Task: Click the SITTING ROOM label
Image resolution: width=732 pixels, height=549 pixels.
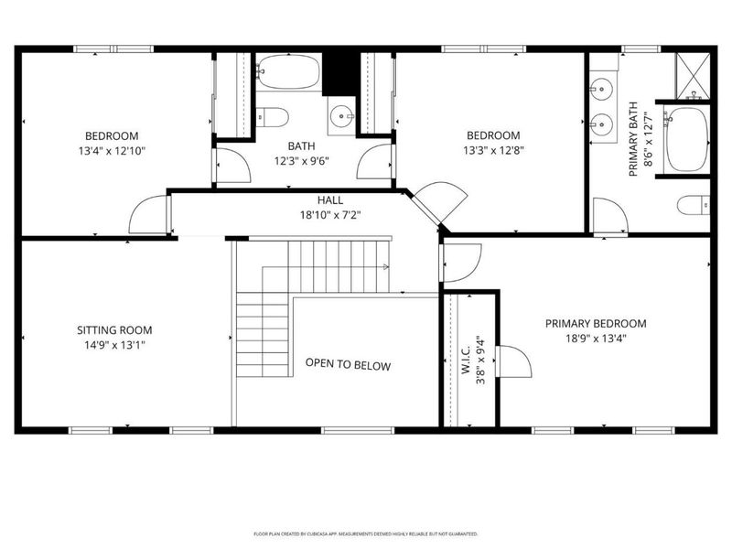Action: tap(114, 330)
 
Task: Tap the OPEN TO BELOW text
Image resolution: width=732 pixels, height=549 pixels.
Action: tap(348, 364)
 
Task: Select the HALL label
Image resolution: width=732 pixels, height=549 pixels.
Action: tap(330, 200)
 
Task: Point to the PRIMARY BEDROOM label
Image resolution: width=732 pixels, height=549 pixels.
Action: tap(596, 324)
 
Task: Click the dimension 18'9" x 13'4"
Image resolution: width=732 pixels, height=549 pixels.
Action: tap(596, 339)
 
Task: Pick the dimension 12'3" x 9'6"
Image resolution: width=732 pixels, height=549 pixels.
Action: tap(302, 161)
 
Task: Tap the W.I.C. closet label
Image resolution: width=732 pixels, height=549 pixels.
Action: tap(466, 361)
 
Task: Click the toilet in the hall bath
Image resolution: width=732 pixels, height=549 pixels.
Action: tap(272, 117)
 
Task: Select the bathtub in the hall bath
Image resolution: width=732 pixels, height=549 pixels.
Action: tap(288, 71)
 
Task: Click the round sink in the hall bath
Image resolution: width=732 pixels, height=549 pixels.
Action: tap(341, 115)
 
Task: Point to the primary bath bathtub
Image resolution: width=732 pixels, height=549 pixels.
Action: tap(686, 139)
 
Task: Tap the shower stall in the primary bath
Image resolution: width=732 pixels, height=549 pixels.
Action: tap(693, 76)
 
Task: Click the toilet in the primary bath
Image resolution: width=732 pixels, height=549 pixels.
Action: tap(694, 205)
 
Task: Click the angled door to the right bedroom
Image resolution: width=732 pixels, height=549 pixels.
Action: tap(440, 202)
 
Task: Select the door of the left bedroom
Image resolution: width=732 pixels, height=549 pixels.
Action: tap(148, 214)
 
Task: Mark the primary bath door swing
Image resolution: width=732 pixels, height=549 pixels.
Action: tap(610, 215)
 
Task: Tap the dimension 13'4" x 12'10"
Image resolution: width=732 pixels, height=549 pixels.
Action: tap(112, 151)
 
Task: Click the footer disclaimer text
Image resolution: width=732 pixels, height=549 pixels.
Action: tap(365, 533)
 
